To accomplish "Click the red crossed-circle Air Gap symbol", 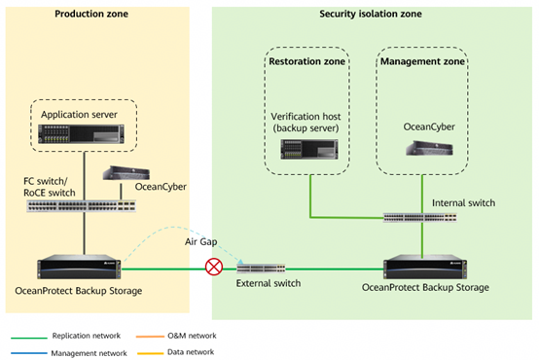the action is pos(214,267).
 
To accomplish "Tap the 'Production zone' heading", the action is pos(91,14).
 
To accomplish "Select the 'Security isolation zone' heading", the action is pos(371,14).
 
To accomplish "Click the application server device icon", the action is pos(81,133).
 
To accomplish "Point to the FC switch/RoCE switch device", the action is pos(82,206).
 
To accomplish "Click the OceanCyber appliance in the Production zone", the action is pos(126,173).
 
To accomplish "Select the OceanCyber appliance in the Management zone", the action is pos(429,148).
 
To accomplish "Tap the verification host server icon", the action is pos(309,149).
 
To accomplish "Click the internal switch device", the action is pos(420,217).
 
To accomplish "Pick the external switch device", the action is pos(261,268).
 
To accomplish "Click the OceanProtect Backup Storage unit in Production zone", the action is pos(79,267).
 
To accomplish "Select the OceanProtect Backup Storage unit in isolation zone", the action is pos(425,267).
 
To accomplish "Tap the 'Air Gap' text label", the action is pos(201,241).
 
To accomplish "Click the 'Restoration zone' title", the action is pos(307,61).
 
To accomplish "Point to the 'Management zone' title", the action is pos(422,61).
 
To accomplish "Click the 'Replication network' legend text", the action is pos(87,336).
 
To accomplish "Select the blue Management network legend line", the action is pos(29,353).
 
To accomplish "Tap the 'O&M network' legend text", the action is pos(192,336).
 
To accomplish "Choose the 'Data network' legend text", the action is pos(191,352).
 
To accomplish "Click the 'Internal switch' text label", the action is pos(463,203).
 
